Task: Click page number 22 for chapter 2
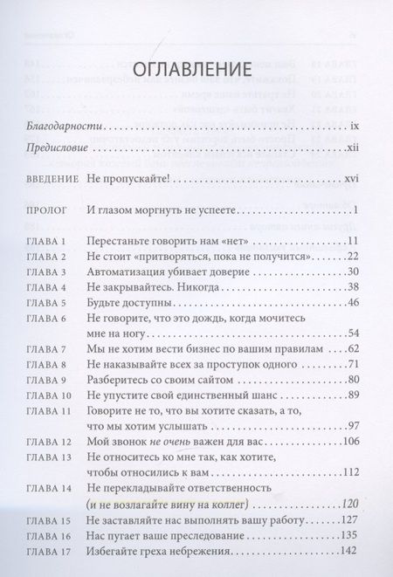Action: (x=354, y=256)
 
